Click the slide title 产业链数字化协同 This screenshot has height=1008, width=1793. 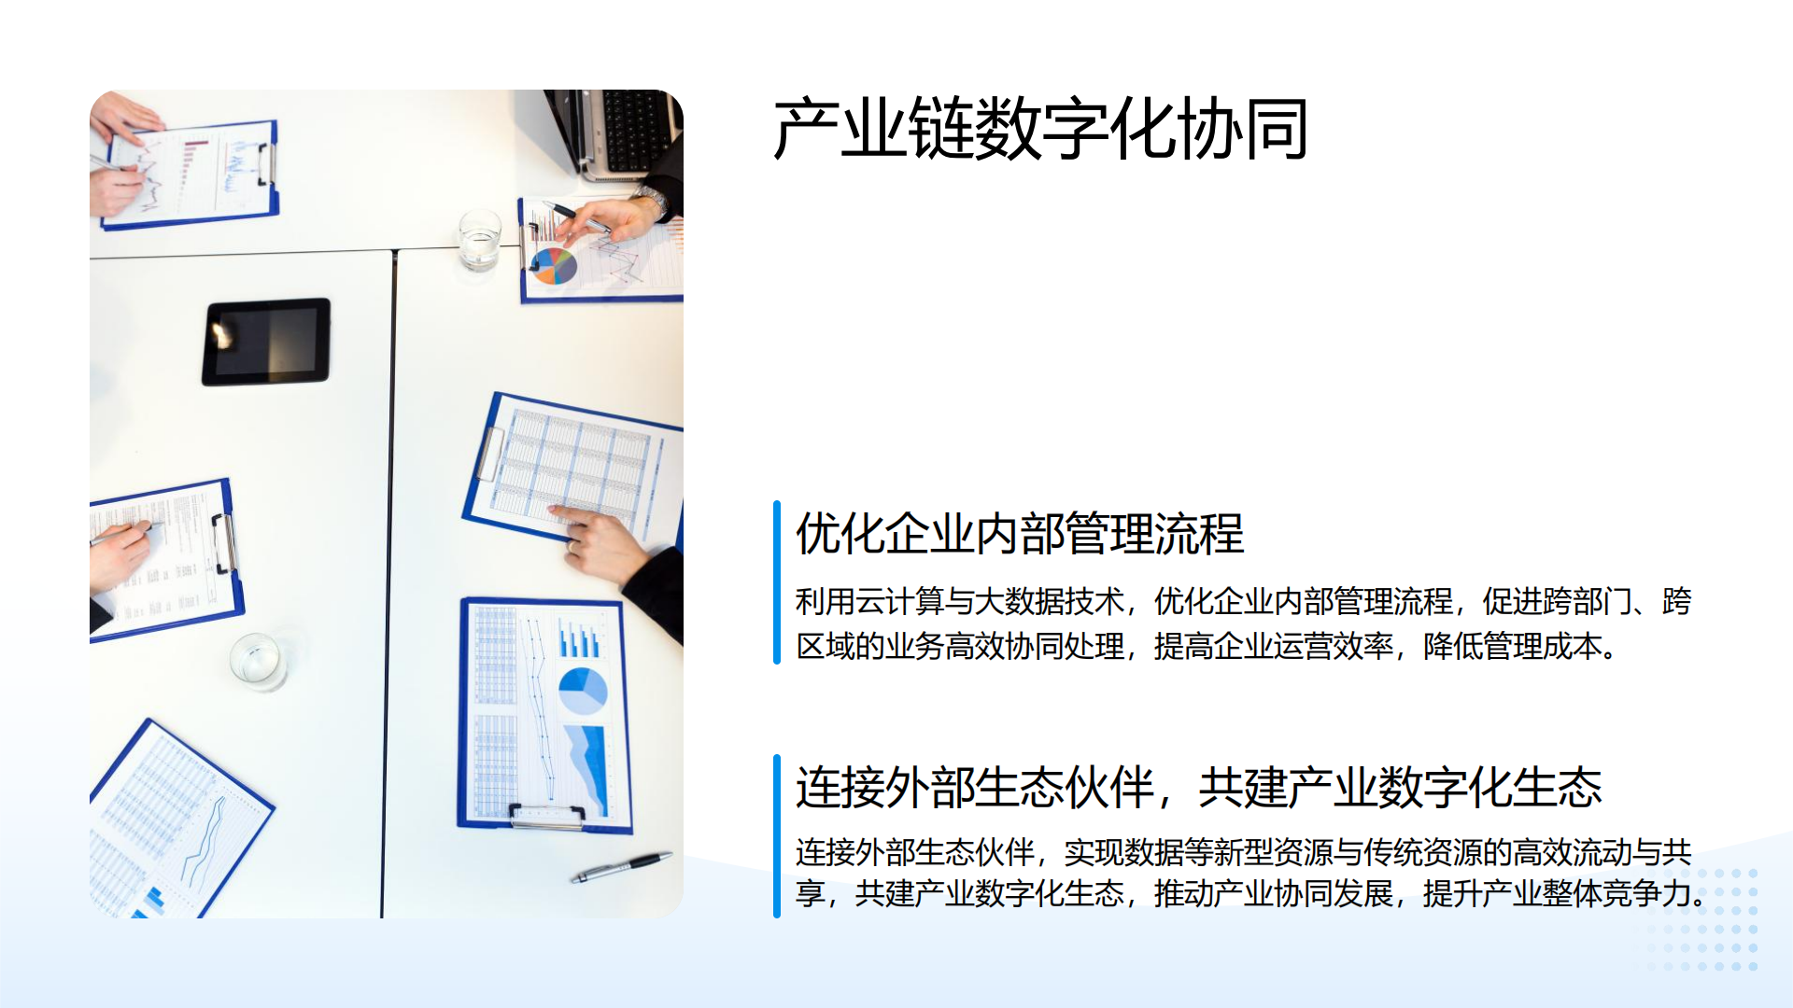[x=1040, y=129]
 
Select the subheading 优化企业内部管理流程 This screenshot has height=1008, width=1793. [x=1020, y=534]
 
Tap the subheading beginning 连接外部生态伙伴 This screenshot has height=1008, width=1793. [x=1199, y=787]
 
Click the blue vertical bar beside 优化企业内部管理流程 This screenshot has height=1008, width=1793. [x=777, y=582]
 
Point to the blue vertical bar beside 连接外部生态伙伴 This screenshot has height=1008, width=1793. [x=777, y=836]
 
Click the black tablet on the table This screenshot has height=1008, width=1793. [x=266, y=342]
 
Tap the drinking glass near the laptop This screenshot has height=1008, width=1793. [x=480, y=240]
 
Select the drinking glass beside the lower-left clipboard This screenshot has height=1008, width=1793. [x=257, y=662]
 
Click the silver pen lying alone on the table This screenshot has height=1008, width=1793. [x=622, y=866]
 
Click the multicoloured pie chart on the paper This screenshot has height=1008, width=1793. [x=554, y=266]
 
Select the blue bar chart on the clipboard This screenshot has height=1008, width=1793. [x=579, y=639]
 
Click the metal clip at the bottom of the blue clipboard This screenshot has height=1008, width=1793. [x=547, y=816]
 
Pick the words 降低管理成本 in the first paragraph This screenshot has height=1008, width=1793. [x=1513, y=646]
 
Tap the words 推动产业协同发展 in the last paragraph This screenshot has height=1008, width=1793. [x=1274, y=893]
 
